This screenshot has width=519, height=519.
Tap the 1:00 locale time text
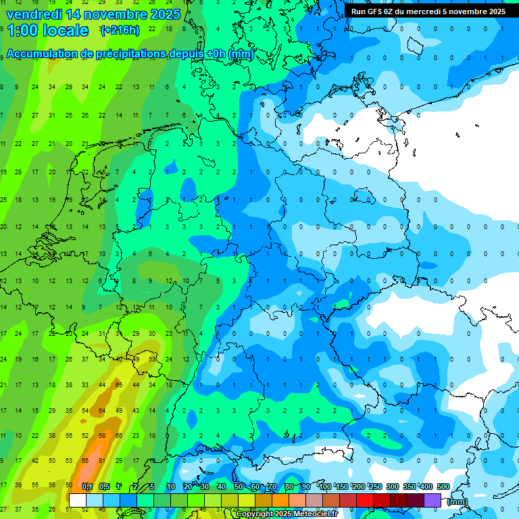pos(47,30)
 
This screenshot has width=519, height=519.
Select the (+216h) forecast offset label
pos(120,30)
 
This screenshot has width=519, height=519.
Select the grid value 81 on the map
pos(102,461)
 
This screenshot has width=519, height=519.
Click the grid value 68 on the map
pos(102,436)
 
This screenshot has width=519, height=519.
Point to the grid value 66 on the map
pos(119,436)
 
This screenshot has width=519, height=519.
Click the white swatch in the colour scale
pos(77,500)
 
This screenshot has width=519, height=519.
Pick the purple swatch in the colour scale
pos(432,500)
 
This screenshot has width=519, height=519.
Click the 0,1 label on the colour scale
pos(87,487)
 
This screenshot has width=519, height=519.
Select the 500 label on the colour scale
pos(443,487)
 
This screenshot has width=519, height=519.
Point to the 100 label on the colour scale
pos(325,487)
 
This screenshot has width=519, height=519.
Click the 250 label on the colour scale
pos(376,487)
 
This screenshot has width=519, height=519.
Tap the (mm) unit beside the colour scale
pos(458,501)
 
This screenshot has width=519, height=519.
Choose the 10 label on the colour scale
pos(171,487)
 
